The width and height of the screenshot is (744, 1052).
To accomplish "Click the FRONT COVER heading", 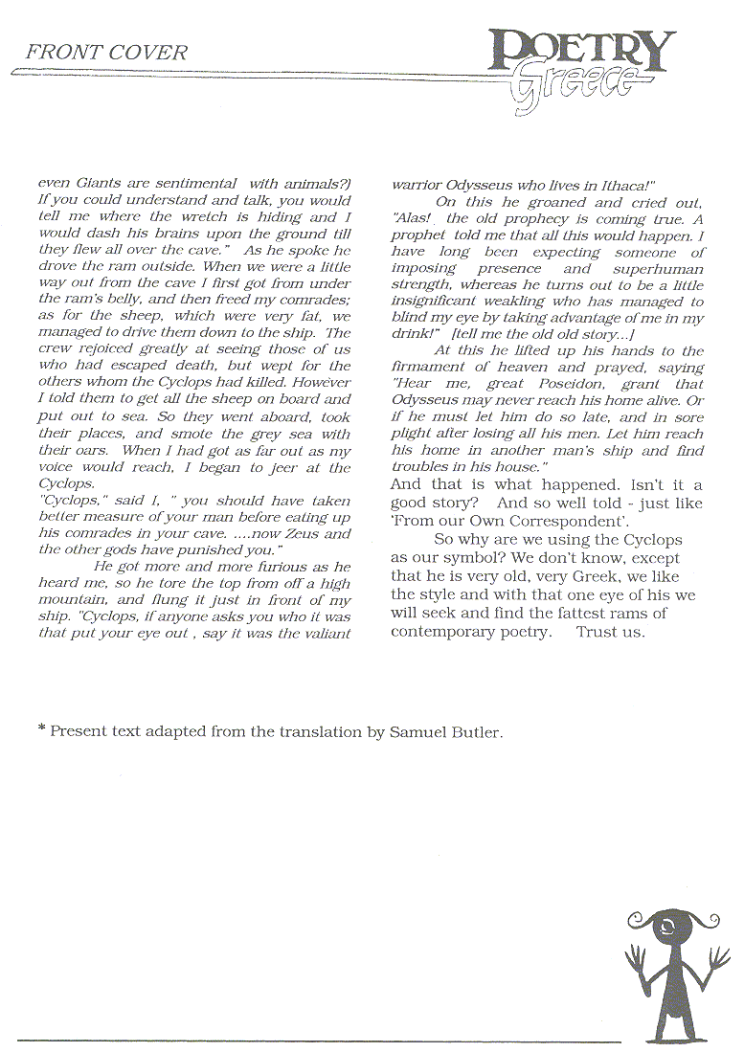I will click(x=106, y=53).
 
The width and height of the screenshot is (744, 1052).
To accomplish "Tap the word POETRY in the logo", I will click(x=581, y=49).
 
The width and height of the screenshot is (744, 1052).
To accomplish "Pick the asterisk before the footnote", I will click(x=42, y=731).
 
